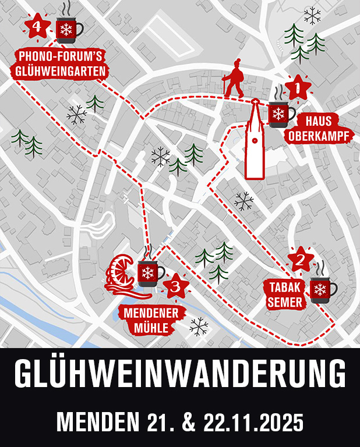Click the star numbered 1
(298, 88)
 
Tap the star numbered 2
(301, 260)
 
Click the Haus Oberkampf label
(318, 129)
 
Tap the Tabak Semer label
(285, 294)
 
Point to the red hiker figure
(235, 78)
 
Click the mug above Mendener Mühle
(149, 271)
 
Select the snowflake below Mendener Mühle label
(199, 327)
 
